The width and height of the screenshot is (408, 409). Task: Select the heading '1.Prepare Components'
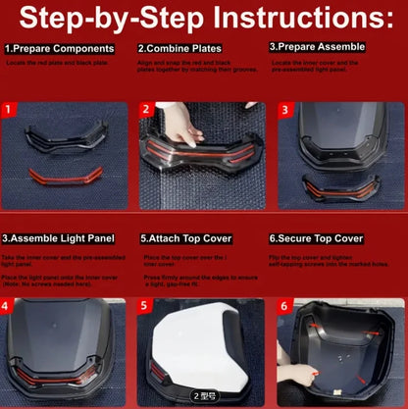(58, 47)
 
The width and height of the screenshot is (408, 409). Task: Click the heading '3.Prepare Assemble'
(317, 46)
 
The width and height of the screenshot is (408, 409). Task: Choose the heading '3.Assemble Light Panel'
(59, 238)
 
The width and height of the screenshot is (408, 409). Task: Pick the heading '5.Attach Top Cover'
(186, 238)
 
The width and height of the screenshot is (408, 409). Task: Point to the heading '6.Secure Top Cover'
(317, 238)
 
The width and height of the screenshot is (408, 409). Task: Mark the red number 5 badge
(146, 307)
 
